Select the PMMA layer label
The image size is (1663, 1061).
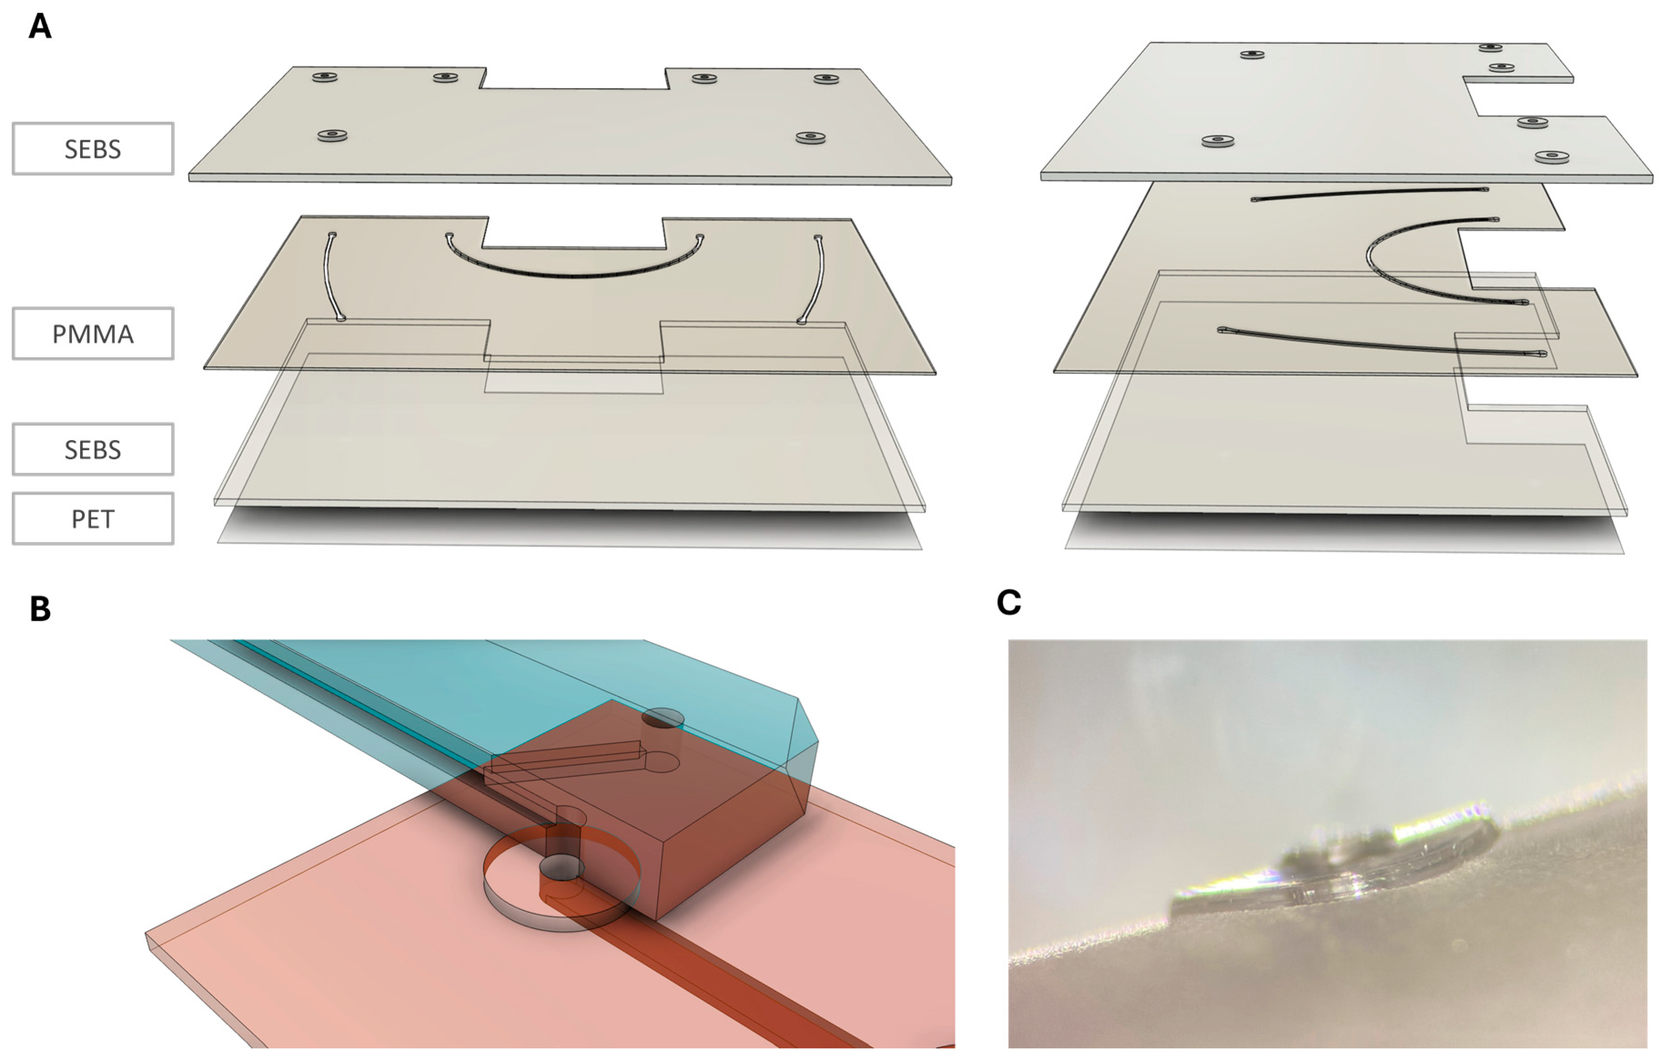point(92,334)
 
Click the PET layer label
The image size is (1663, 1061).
point(92,519)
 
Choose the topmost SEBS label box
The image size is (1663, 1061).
point(92,148)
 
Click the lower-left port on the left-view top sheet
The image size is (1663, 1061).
point(332,135)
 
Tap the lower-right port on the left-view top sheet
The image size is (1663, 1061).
point(810,137)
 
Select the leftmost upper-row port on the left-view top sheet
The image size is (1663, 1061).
point(324,76)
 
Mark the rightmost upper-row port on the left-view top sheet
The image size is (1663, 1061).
point(826,79)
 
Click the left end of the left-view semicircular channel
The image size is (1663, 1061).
point(450,236)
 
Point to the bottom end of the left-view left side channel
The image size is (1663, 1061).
point(341,319)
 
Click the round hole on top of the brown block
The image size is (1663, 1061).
point(662,718)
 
